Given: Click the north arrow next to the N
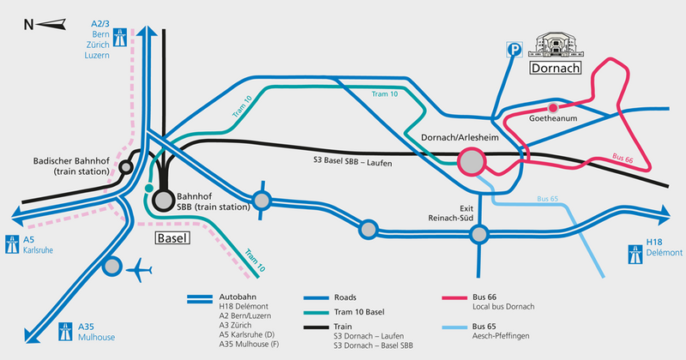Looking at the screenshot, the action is pos(51,25).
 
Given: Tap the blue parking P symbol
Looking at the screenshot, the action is pos(514,50).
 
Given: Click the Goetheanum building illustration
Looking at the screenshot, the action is pos(556,45).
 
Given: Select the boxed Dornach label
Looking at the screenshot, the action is pos(556,68).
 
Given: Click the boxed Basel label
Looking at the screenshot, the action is pos(173,238).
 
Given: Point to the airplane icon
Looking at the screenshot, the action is pos(139,270).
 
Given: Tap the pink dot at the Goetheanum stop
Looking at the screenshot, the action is pos(553,108).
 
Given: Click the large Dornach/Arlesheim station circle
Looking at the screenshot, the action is pos(472,162).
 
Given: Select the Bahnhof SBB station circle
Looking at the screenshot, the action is pos(164,201).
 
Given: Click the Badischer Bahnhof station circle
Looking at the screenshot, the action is pos(126,167).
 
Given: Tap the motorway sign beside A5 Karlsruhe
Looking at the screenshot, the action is pos(12,244).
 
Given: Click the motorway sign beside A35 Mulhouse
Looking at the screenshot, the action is pos(66,332).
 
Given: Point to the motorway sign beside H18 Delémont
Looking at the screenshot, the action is pos(635,255).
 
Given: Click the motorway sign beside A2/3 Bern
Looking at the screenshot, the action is pos(120,37).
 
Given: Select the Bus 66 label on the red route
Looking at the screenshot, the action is pos(623,159).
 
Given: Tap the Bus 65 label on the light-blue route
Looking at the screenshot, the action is pos(548,199).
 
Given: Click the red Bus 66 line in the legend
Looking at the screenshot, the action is pos(454,298).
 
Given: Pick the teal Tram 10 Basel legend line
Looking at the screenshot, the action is pos(316,313).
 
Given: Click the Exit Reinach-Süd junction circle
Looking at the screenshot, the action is pos(479,235).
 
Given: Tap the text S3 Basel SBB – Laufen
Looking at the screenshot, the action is pos(352,161).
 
